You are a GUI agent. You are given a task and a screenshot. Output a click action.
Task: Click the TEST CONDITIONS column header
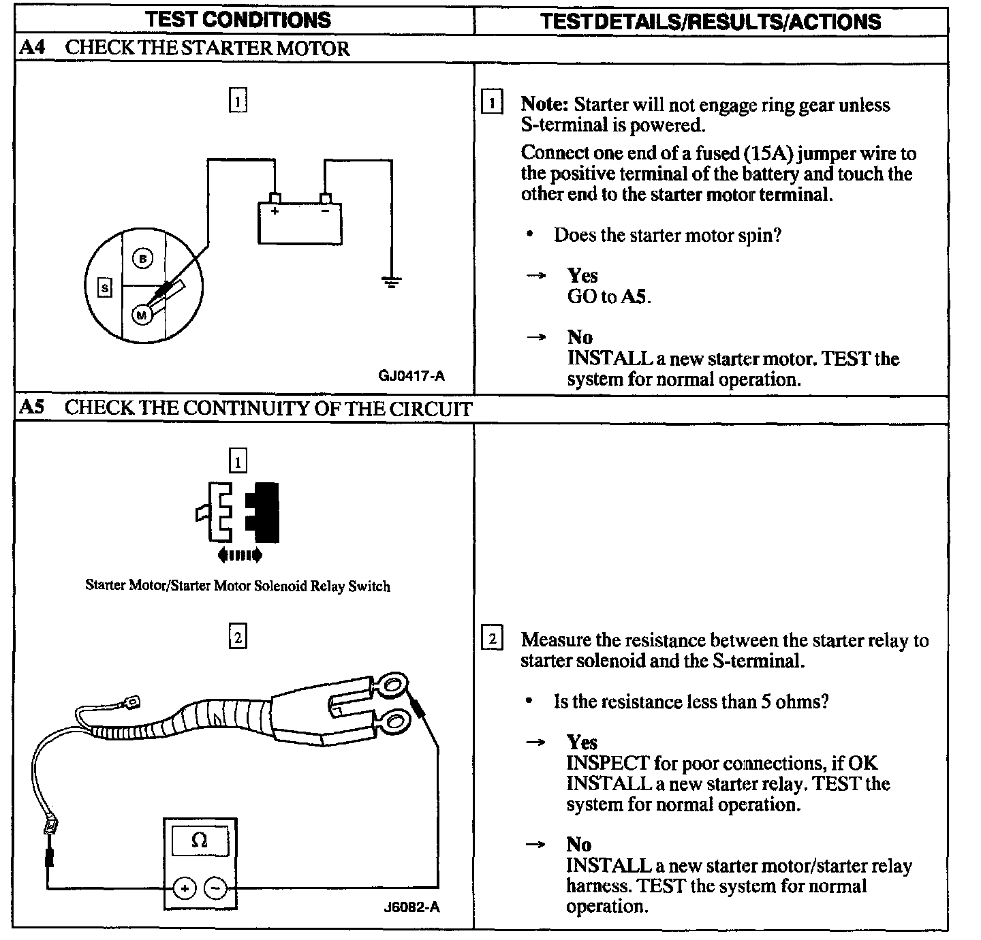(x=238, y=20)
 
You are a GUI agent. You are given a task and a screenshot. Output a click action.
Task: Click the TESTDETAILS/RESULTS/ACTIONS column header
(x=711, y=21)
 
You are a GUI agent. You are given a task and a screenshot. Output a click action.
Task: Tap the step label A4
(x=33, y=48)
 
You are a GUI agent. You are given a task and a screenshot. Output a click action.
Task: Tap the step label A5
(x=33, y=408)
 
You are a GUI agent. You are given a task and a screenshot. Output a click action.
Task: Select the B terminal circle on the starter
(x=142, y=259)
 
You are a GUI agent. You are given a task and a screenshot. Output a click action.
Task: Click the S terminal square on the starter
(x=104, y=288)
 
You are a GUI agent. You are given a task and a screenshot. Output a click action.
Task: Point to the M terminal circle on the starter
(x=142, y=315)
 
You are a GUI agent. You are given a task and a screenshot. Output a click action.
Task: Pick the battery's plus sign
(x=275, y=212)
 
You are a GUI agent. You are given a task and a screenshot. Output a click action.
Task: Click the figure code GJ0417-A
(x=411, y=375)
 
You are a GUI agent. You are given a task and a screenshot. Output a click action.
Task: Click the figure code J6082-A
(x=411, y=907)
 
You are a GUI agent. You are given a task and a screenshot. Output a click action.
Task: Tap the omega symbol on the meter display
(x=199, y=841)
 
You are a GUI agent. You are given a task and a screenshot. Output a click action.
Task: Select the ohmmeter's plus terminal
(x=185, y=888)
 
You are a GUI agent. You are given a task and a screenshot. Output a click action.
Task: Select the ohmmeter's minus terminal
(x=215, y=888)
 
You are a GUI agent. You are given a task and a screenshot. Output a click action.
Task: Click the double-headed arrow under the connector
(x=239, y=556)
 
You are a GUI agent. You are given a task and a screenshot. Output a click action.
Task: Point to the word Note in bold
(x=544, y=105)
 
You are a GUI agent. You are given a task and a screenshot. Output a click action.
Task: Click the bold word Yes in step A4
(x=582, y=275)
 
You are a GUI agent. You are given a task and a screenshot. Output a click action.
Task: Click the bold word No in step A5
(x=579, y=845)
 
